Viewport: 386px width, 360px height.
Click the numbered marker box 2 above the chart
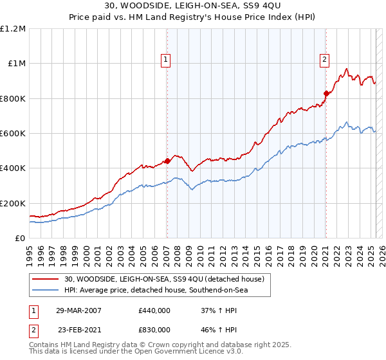pos(324,60)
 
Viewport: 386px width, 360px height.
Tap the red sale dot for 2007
pos(167,161)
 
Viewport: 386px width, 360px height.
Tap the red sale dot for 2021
pos(326,93)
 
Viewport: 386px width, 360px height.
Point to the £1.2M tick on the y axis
pos(13,29)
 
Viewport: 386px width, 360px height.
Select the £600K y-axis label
pos(13,133)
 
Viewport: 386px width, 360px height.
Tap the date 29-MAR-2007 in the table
pos(78,310)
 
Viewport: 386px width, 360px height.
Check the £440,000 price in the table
pos(154,310)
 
